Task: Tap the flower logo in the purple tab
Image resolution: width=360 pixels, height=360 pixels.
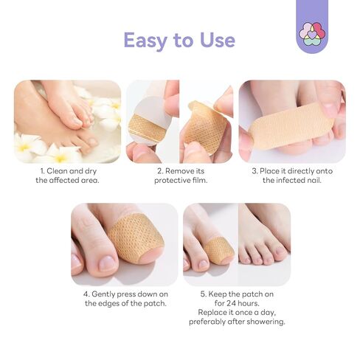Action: click(x=311, y=31)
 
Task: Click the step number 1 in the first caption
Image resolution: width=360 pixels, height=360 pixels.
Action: click(x=43, y=171)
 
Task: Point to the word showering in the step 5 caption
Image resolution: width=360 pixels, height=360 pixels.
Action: click(x=257, y=322)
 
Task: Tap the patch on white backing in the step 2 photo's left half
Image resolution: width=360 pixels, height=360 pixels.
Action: click(x=145, y=126)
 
